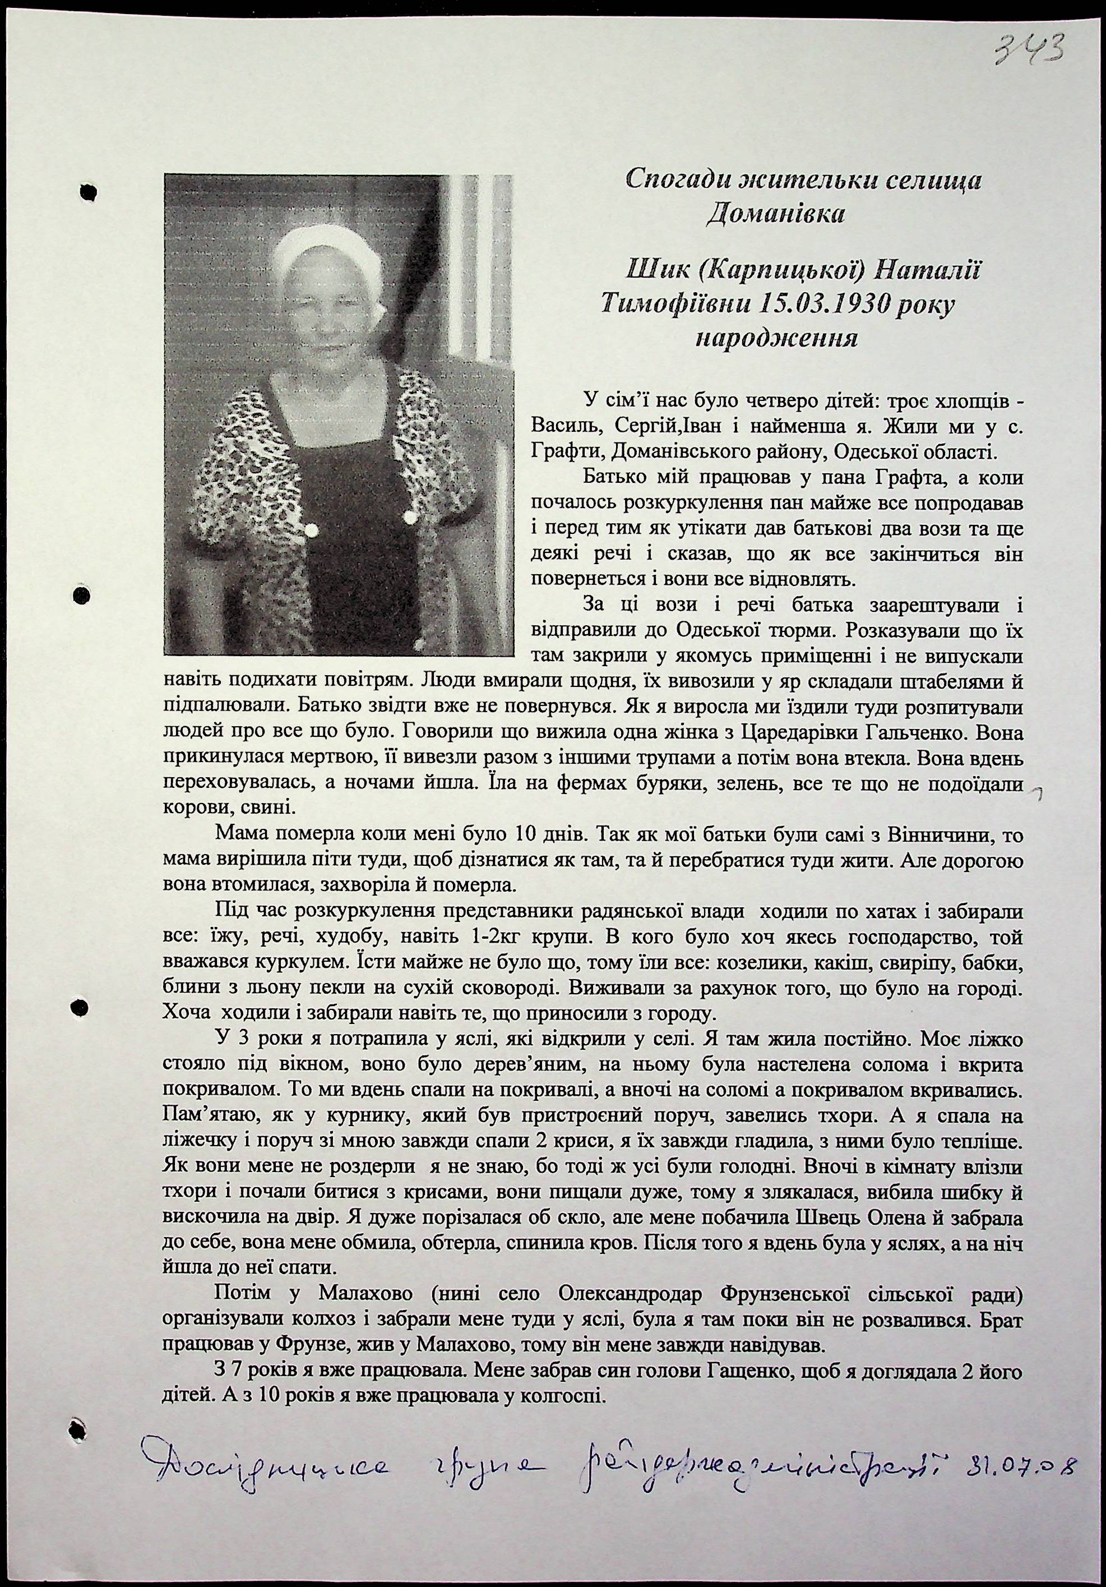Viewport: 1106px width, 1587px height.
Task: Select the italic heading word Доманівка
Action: click(775, 214)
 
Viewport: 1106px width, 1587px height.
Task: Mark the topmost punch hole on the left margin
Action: click(89, 193)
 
